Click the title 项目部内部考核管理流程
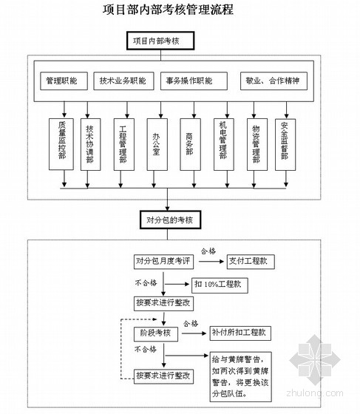tap(168, 10)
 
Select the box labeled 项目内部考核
tap(160, 41)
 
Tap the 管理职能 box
tap(64, 81)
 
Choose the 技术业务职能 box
tap(123, 81)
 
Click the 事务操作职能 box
tap(194, 81)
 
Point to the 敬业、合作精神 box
tap(274, 81)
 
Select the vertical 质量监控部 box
tap(61, 144)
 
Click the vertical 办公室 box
tap(157, 144)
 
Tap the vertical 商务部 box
tap(190, 144)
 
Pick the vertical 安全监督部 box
tap(285, 144)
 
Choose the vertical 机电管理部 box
tap(224, 144)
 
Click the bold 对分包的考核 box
tap(170, 220)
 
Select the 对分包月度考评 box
tap(163, 262)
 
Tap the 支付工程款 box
tap(251, 262)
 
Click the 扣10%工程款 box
tap(220, 285)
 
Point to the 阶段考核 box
tap(156, 334)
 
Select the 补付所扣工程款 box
tap(240, 333)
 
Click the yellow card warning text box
tap(241, 377)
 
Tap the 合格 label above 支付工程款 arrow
tap(208, 251)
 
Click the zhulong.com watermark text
tap(315, 393)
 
